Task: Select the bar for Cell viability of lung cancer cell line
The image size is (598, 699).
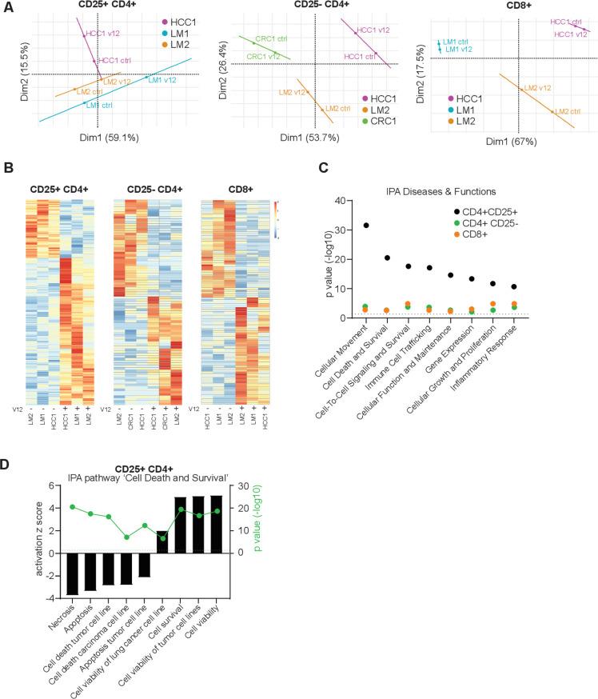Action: (162, 586)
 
